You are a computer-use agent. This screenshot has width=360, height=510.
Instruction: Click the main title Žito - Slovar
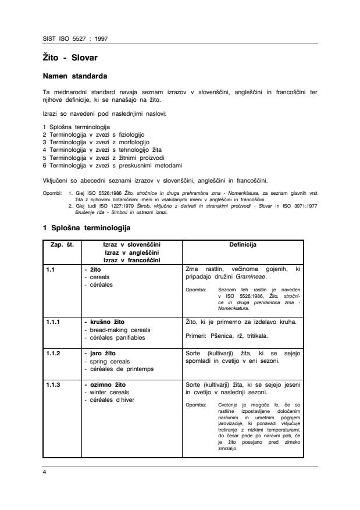[70, 59]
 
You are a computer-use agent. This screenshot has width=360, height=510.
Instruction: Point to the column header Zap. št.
[63, 245]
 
